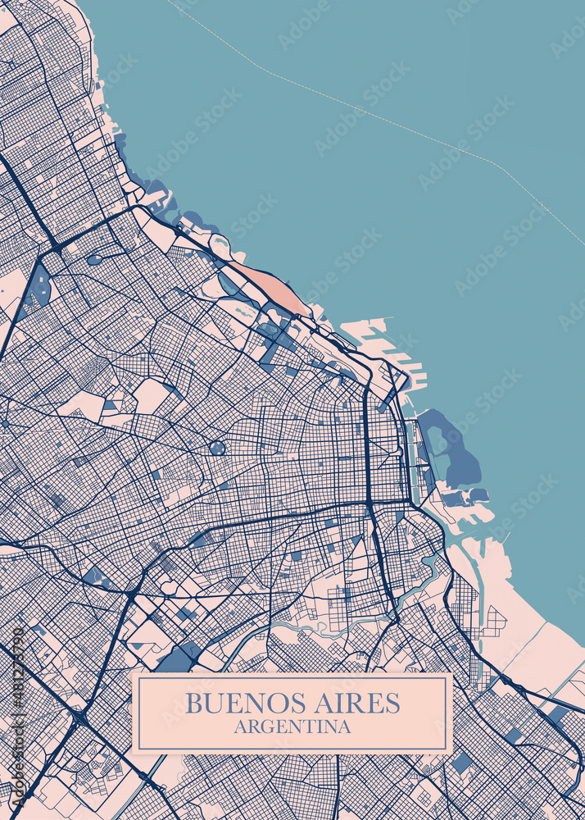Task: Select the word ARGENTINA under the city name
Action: pos(292,727)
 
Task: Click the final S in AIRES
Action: pos(393,703)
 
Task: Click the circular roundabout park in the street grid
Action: pos(217,448)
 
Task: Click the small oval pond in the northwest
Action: pos(95,259)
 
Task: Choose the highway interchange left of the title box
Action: pos(79,718)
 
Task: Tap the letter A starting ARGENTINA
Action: pos(239,727)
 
